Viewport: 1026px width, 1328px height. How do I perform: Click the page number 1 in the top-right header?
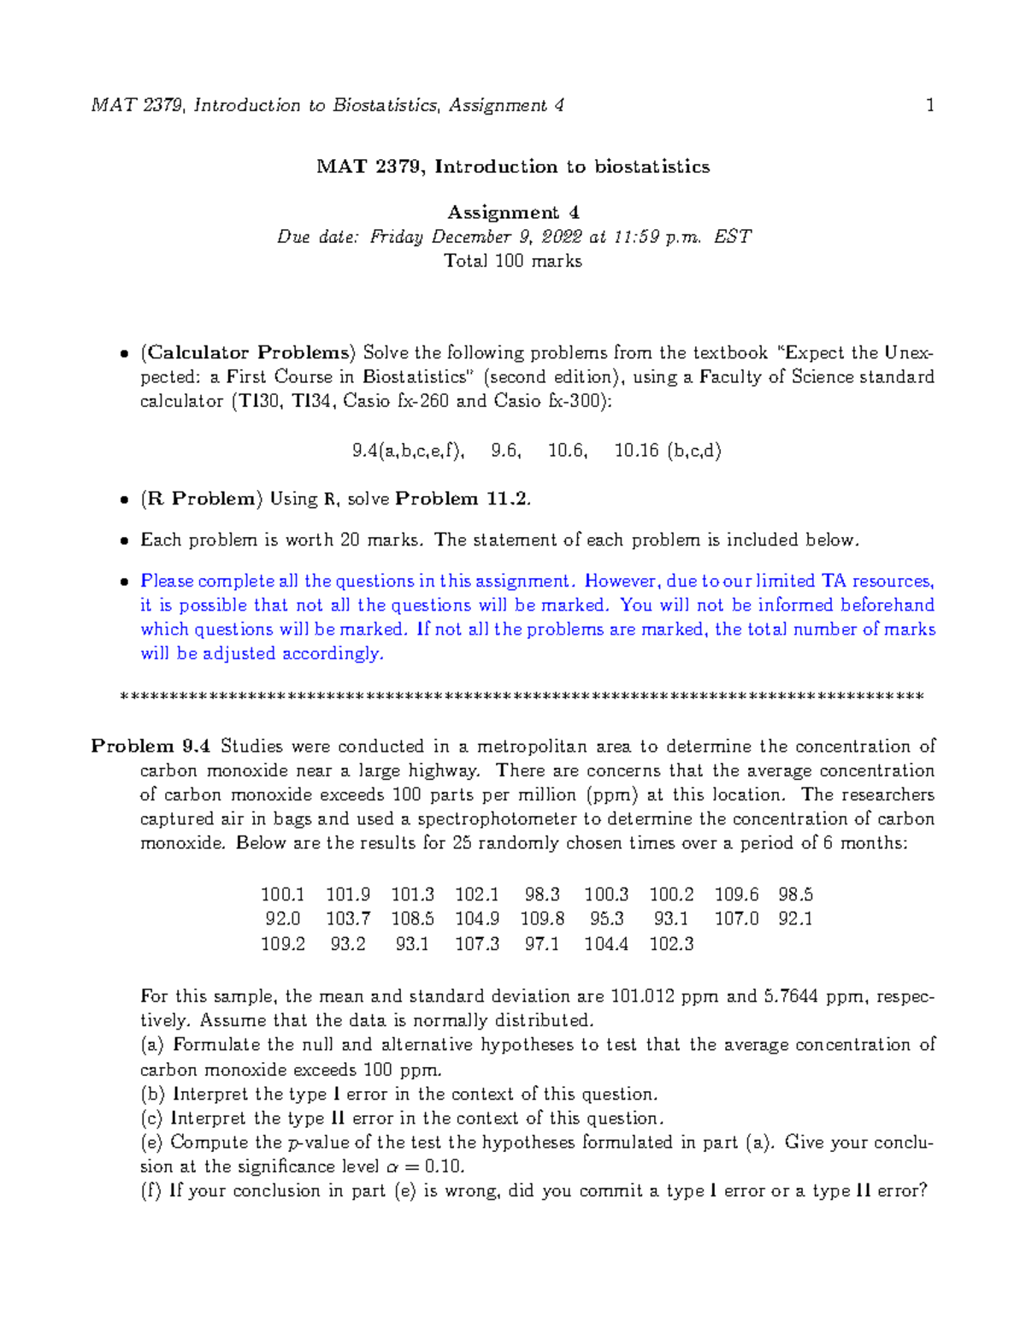(929, 105)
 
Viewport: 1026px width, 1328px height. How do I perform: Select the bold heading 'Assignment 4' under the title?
(513, 212)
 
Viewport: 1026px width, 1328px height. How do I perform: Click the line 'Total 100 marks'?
(513, 261)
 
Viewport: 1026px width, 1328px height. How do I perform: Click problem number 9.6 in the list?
(505, 451)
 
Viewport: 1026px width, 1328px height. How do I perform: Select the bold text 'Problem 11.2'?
(462, 499)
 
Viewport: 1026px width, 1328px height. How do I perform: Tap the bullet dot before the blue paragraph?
(125, 581)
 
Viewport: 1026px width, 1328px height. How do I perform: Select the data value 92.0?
(283, 918)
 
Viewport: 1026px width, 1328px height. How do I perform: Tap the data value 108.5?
(412, 918)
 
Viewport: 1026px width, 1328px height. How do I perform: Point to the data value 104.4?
(605, 944)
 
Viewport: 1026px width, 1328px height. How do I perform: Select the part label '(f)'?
(150, 1191)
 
